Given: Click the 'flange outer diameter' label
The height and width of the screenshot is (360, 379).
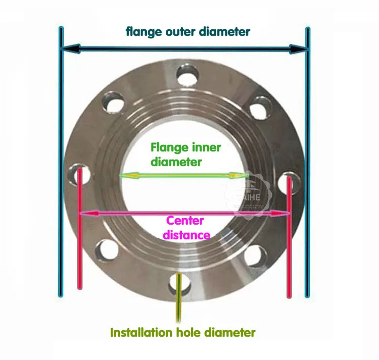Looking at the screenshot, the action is (188, 32).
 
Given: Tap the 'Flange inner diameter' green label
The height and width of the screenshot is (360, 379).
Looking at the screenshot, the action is (186, 154).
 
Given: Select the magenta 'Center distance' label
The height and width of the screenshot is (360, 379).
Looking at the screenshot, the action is (186, 228).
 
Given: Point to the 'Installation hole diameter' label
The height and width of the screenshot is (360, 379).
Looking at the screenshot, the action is (183, 333).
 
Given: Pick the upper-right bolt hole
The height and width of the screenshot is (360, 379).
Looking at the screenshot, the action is (261, 107).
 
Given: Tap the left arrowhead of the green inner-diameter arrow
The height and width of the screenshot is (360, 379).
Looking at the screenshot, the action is (125, 175).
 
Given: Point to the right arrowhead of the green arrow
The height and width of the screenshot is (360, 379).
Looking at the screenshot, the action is (242, 175).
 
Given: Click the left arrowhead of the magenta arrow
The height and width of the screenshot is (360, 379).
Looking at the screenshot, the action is (87, 214).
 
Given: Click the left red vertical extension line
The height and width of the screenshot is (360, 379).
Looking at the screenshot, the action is (80, 242).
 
